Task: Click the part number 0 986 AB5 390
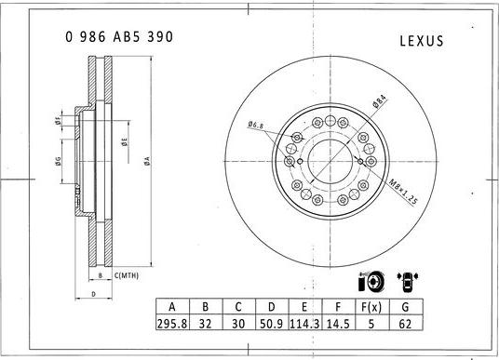(119, 37)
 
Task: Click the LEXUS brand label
(421, 41)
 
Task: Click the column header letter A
(171, 308)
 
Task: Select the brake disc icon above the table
(370, 280)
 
